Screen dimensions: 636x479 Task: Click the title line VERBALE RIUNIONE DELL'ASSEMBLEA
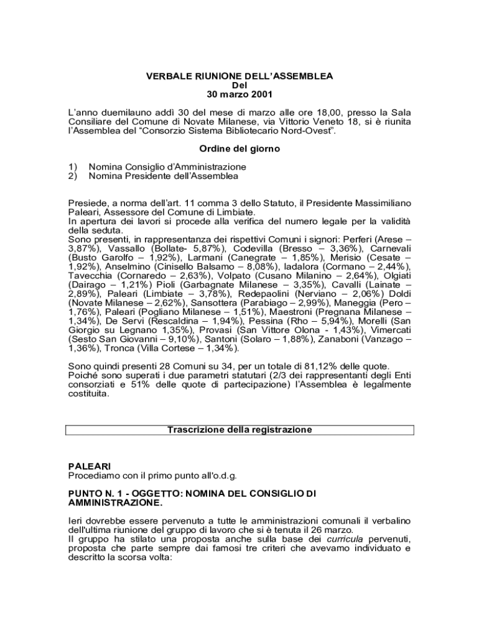pyautogui.click(x=240, y=76)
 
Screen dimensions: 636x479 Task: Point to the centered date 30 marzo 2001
pyautogui.click(x=240, y=95)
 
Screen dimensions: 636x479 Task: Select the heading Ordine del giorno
pyautogui.click(x=240, y=149)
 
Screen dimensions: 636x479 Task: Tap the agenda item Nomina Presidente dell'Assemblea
pyautogui.click(x=164, y=176)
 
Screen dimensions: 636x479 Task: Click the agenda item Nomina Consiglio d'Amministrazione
pyautogui.click(x=167, y=167)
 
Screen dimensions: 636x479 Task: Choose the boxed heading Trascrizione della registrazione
pyautogui.click(x=240, y=430)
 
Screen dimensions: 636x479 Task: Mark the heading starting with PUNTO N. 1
pyautogui.click(x=192, y=493)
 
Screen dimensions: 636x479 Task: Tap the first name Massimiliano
pyautogui.click(x=380, y=202)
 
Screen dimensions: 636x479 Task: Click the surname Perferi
pyautogui.click(x=348, y=238)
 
